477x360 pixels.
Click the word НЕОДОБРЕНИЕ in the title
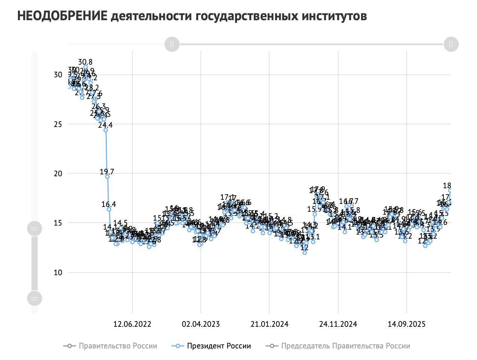(x=62, y=16)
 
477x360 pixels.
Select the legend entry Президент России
(x=219, y=346)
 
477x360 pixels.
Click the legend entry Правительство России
(x=118, y=346)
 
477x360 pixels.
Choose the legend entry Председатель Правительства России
(x=345, y=346)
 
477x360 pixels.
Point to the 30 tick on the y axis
(x=58, y=75)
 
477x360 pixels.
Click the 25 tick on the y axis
(x=58, y=124)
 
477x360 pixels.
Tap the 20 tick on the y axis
(x=58, y=174)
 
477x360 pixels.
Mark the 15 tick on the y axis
(x=58, y=223)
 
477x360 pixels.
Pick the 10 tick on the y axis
(x=58, y=273)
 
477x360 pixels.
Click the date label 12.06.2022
(x=132, y=324)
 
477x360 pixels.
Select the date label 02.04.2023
(x=201, y=324)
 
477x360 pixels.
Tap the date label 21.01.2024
(x=270, y=324)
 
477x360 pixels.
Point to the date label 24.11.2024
(x=338, y=324)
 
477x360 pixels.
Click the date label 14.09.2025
(x=407, y=324)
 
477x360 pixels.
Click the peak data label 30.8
(x=85, y=62)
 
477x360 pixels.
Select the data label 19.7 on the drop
(x=107, y=172)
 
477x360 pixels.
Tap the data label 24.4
(x=105, y=125)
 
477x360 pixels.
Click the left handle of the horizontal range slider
(x=172, y=44)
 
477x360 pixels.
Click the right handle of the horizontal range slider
(x=451, y=44)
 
